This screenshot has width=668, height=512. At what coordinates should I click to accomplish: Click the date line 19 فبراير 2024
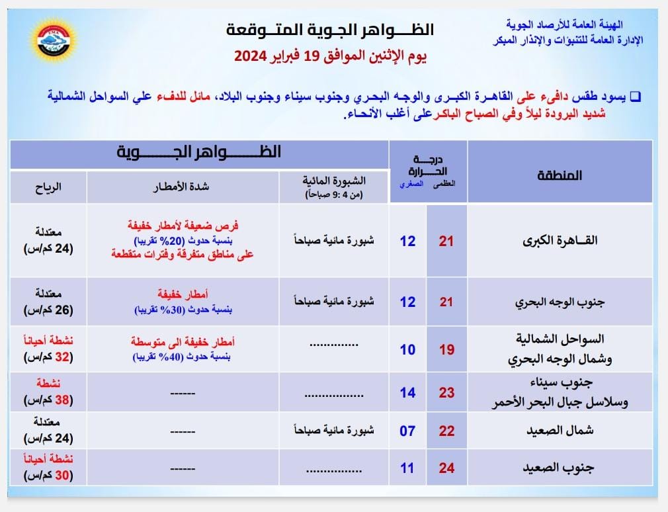[331, 56]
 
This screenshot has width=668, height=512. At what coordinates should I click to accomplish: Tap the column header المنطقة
[560, 175]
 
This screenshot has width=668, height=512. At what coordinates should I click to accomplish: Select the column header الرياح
[48, 187]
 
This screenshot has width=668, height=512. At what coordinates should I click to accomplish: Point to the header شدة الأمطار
[183, 187]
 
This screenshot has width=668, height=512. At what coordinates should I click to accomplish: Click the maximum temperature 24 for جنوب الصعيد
[447, 468]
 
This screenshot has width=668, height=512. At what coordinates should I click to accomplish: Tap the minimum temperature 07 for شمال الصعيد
[407, 431]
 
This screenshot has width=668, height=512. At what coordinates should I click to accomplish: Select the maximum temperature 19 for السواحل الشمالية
[447, 349]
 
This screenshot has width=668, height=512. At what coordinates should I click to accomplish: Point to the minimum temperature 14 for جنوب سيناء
[407, 392]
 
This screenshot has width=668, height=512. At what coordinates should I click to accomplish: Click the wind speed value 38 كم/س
[48, 400]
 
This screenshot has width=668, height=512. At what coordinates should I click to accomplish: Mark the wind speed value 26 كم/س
[48, 310]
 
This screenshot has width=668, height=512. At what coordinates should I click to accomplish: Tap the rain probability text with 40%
[183, 356]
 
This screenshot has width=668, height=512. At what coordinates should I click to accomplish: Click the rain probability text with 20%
[183, 239]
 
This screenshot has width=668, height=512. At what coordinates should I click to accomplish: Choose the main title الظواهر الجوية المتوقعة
[331, 30]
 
